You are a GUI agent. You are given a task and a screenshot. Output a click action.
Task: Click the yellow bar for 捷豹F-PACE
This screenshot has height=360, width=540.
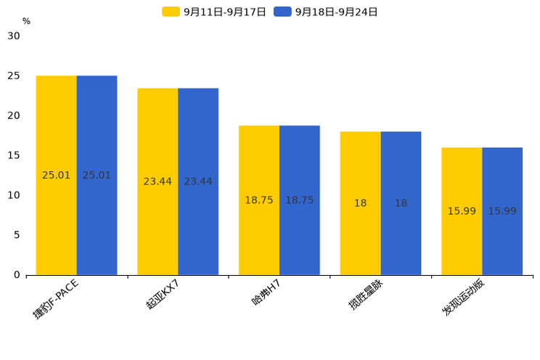tap(56, 175)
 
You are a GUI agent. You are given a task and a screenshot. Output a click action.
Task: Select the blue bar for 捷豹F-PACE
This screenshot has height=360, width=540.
tap(97, 175)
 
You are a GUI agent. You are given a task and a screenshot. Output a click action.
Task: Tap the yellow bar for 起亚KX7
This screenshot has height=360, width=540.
tap(157, 181)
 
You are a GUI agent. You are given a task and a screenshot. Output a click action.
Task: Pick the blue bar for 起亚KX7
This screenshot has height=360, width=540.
tap(198, 181)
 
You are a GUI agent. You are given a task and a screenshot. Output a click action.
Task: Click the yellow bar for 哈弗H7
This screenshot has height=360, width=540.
tap(259, 200)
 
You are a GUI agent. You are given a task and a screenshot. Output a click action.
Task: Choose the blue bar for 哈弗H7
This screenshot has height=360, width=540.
tap(300, 200)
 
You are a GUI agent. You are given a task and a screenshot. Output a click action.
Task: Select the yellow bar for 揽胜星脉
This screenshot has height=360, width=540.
tap(360, 203)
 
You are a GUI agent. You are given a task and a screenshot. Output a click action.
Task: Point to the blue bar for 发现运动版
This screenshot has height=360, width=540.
tap(502, 211)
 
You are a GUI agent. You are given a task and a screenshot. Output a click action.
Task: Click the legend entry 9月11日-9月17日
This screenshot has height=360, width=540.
tap(214, 12)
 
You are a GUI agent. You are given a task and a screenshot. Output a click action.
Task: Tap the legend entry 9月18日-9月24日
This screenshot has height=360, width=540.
tap(325, 12)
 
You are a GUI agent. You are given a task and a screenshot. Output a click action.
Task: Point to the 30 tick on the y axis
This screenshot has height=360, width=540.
tap(14, 36)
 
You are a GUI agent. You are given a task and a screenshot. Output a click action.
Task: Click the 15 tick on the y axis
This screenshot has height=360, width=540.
tap(14, 155)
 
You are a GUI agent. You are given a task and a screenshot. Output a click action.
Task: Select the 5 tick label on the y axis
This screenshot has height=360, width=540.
tap(17, 235)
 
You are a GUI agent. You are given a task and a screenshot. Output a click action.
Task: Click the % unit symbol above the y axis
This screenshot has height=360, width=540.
tap(27, 21)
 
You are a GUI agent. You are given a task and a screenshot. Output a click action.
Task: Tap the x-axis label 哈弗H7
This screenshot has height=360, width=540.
tap(266, 292)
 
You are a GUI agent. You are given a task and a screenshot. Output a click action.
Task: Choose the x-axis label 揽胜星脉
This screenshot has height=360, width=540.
tap(366, 295)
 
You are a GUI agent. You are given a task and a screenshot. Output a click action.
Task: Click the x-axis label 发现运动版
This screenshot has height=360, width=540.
tap(463, 297)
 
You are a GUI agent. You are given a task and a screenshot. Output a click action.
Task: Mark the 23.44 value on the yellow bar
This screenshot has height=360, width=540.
tap(157, 181)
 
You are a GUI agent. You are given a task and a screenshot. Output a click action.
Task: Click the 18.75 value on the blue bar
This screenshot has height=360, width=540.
tap(300, 200)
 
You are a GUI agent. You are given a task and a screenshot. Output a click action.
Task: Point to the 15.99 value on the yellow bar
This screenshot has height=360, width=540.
tap(462, 211)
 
